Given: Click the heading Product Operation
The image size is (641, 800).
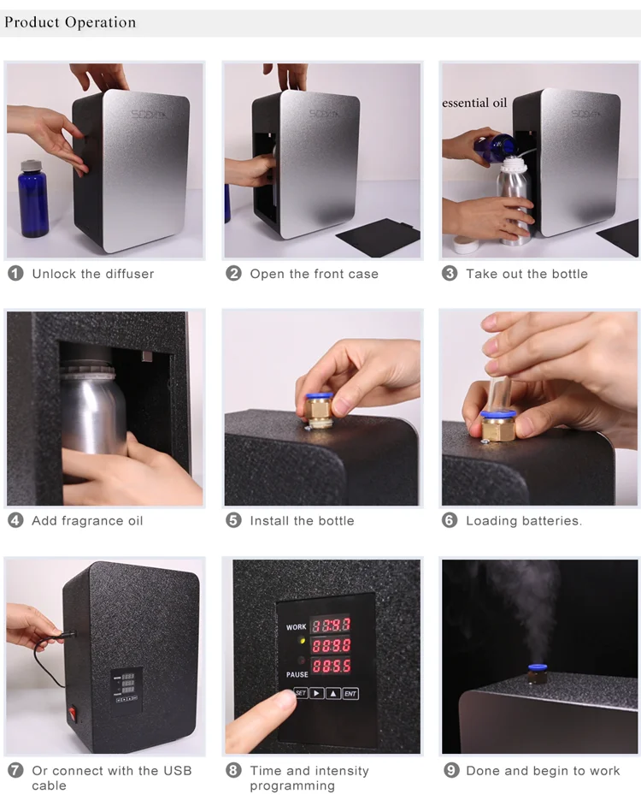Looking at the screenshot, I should click(x=70, y=22).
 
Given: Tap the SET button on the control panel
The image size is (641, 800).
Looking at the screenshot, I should click(x=301, y=693).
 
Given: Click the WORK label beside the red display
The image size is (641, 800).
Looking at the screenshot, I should click(x=296, y=627).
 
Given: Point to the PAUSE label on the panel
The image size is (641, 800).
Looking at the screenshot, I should click(x=297, y=675).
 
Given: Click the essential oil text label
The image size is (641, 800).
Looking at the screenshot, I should click(x=474, y=103).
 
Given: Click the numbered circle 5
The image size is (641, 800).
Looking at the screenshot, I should click(x=233, y=520).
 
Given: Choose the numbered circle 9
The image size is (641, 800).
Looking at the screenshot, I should click(x=451, y=770).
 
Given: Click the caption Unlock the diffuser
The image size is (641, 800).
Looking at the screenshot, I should click(x=93, y=274).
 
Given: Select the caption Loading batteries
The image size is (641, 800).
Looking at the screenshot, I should click(x=523, y=520).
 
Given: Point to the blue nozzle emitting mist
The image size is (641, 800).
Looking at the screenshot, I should click(x=537, y=667).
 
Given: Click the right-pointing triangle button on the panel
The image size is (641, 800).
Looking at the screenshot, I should click(x=317, y=693).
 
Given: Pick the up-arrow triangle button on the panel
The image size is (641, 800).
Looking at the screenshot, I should click(x=333, y=693).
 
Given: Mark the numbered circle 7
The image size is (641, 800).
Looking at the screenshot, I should click(x=15, y=770).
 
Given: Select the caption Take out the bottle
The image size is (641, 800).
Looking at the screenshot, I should click(x=526, y=274).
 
